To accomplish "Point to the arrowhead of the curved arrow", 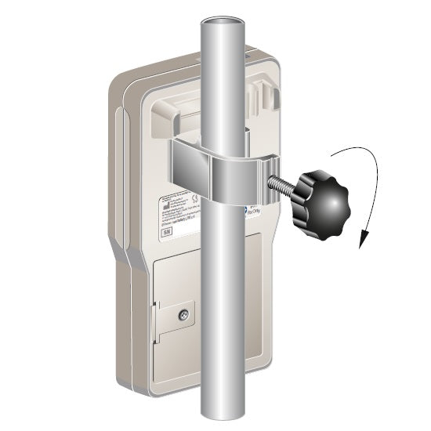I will point(360,244).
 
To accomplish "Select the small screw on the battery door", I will point(184,316).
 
